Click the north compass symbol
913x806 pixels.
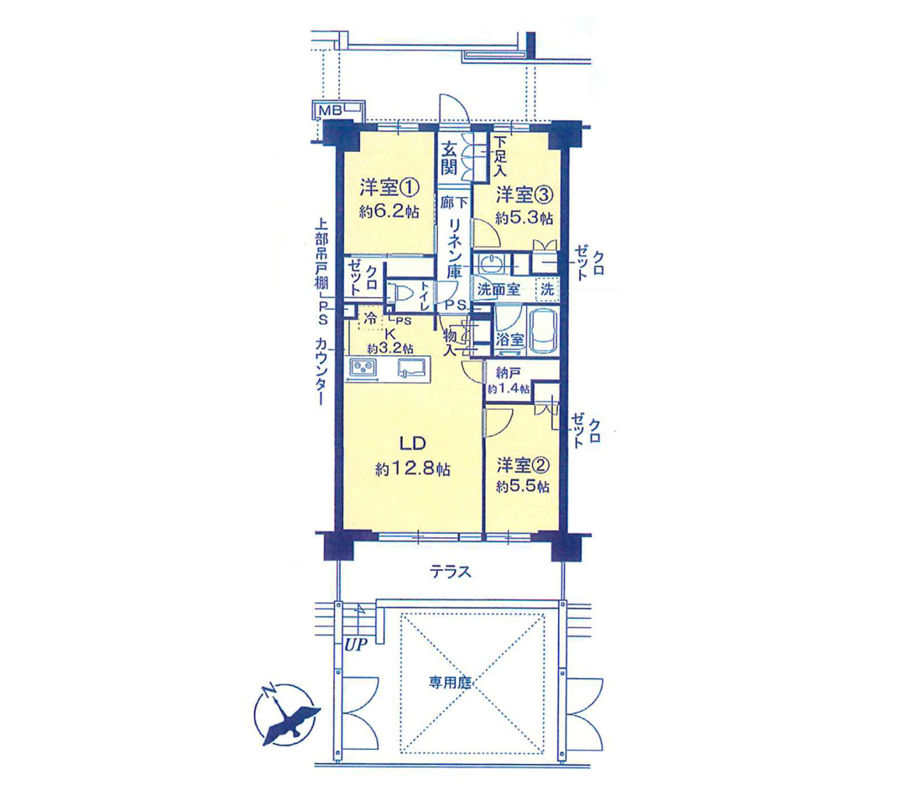286,714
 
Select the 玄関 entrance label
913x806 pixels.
448,159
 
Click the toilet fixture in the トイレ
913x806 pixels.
399,292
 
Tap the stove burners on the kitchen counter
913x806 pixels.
363,368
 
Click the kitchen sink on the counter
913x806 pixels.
413,368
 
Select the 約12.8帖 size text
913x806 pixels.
412,468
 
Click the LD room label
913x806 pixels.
412,443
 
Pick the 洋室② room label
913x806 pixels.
523,465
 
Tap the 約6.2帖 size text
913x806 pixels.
389,211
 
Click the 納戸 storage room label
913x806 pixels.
508,372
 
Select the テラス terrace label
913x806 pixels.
450,572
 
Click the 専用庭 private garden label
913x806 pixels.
450,682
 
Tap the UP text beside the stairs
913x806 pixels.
357,645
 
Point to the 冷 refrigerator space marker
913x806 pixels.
370,318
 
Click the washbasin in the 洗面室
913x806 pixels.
490,264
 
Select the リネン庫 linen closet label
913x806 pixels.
454,248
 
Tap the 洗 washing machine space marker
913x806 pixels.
547,289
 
